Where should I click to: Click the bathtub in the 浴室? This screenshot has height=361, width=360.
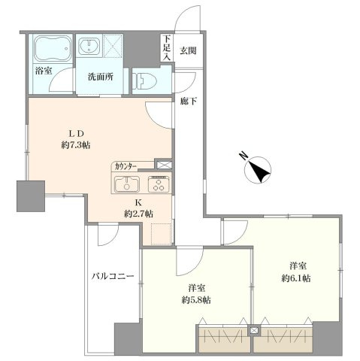[53, 49]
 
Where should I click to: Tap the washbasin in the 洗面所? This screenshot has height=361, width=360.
[89, 47]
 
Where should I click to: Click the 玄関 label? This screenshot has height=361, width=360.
[188, 51]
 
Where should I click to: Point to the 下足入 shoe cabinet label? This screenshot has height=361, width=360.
[167, 48]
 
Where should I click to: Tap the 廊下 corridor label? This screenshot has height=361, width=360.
[188, 102]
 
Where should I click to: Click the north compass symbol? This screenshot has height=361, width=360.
[258, 168]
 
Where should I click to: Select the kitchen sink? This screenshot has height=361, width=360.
[127, 184]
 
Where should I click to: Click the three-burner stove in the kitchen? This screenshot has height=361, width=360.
[159, 184]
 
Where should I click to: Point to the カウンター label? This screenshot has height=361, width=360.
[126, 167]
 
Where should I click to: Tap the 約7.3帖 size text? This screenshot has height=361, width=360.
[76, 145]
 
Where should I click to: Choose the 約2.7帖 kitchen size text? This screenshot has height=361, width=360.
[138, 214]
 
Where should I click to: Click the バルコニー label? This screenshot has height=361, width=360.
[113, 277]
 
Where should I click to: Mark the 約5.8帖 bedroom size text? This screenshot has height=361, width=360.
[196, 300]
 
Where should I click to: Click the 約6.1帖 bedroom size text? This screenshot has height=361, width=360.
[296, 278]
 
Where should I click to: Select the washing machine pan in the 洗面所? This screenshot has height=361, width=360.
[113, 45]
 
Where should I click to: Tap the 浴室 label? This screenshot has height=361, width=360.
[44, 71]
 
